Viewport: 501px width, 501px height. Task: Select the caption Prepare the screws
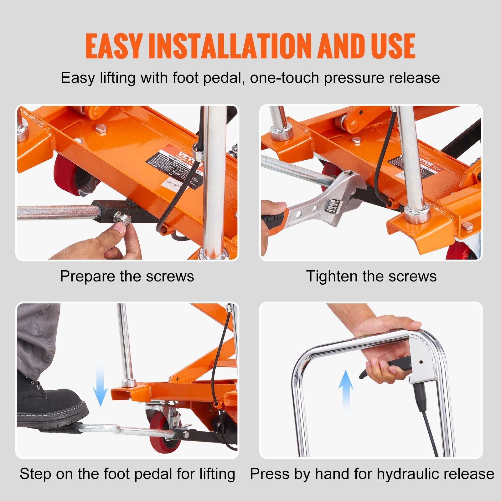127,276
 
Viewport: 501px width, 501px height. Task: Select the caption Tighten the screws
371,276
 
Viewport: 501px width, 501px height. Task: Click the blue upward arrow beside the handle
346,391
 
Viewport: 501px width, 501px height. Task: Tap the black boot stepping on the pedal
50,404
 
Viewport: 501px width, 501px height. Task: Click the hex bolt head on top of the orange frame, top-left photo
101,128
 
